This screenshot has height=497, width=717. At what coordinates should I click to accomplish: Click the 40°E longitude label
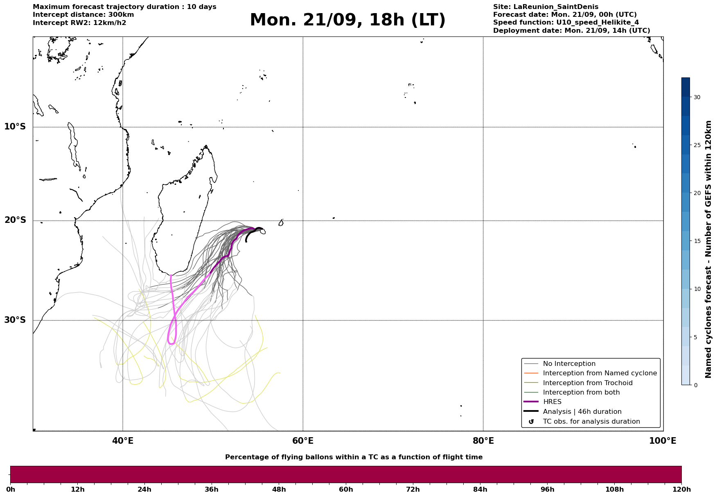(123, 441)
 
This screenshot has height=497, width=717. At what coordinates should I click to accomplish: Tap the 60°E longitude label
(303, 441)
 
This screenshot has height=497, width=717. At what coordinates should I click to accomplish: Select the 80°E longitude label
(483, 441)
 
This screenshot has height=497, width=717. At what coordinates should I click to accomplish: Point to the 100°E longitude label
(663, 441)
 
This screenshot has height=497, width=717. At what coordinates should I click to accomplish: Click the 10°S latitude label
(15, 127)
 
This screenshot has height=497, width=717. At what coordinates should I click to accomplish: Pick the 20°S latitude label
(15, 220)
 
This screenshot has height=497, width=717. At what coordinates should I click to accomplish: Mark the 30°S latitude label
(15, 320)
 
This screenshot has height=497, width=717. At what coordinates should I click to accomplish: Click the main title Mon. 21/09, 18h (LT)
(347, 20)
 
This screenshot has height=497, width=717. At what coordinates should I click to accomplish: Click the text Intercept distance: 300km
(83, 15)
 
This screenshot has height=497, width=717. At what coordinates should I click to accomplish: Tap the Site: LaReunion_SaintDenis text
(546, 7)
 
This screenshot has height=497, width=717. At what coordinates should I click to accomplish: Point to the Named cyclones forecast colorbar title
(708, 249)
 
